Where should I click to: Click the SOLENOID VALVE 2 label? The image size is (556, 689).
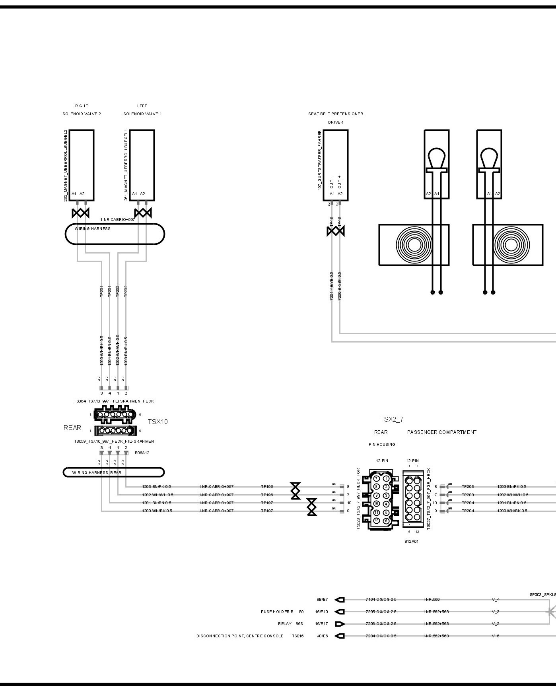pos(82,114)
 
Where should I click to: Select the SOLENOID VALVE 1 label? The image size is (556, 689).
pos(142,114)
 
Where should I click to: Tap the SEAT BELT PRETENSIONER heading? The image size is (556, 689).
pos(335,114)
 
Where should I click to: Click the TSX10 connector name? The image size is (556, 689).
pos(157,422)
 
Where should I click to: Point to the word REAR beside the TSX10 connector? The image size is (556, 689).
pos(72,428)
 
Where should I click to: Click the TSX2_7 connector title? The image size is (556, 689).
pos(391,419)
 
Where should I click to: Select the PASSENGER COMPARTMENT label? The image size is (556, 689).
pos(441,432)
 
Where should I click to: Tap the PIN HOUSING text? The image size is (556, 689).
pos(381,445)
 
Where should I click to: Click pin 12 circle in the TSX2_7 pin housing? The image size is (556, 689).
pos(376,521)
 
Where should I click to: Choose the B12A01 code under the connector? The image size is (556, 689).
pos(411,541)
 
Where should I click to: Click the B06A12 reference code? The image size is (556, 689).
pos(142,453)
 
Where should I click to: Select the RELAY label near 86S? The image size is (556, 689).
pos(284,624)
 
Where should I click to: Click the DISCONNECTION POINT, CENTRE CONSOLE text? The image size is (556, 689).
pos(240,636)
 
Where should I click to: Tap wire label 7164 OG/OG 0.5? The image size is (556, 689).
pos(381,600)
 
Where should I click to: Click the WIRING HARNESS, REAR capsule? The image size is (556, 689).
pos(113,472)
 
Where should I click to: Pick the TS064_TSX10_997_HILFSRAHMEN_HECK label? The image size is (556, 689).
pos(114,401)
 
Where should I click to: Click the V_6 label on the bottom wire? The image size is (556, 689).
pos(496,636)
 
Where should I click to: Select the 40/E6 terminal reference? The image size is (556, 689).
pos(322,636)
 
